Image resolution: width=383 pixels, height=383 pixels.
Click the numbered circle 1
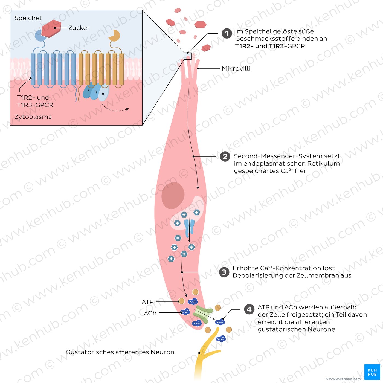click(227, 34)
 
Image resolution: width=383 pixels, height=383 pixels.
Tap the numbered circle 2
click(225, 156)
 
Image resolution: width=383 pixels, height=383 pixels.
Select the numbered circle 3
click(224, 272)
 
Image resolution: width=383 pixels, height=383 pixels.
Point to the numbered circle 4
click(249, 309)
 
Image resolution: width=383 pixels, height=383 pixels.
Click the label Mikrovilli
click(236, 69)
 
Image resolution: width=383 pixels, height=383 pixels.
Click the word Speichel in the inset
click(28, 18)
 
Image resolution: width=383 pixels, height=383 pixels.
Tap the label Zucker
click(79, 28)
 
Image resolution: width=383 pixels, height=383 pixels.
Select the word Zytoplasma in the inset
click(33, 117)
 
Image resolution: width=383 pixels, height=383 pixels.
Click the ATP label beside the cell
click(148, 302)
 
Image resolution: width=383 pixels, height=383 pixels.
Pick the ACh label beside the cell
click(150, 313)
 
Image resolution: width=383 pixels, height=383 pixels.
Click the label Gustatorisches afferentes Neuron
click(120, 352)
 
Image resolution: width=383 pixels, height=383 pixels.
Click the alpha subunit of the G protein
click(103, 93)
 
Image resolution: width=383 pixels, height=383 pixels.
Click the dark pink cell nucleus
click(173, 196)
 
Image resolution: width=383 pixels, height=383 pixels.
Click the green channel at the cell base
click(203, 314)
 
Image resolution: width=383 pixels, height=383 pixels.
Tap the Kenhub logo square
click(372, 372)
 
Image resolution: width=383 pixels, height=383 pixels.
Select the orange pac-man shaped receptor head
click(114, 36)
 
